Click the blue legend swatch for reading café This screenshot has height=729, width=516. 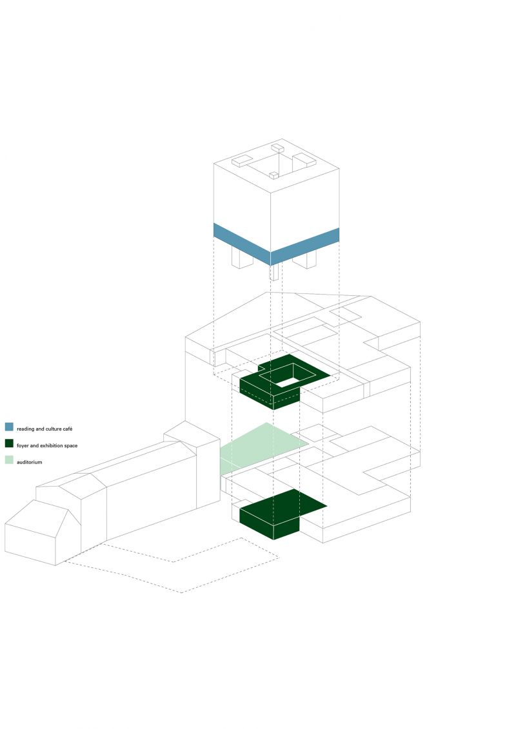tap(9, 427)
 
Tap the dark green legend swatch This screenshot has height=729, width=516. tap(9, 443)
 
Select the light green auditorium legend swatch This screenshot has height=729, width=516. tap(9, 460)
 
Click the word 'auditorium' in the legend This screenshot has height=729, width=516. tap(30, 462)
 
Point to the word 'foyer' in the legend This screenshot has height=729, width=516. tap(23, 445)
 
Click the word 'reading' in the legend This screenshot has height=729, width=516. tap(26, 428)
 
